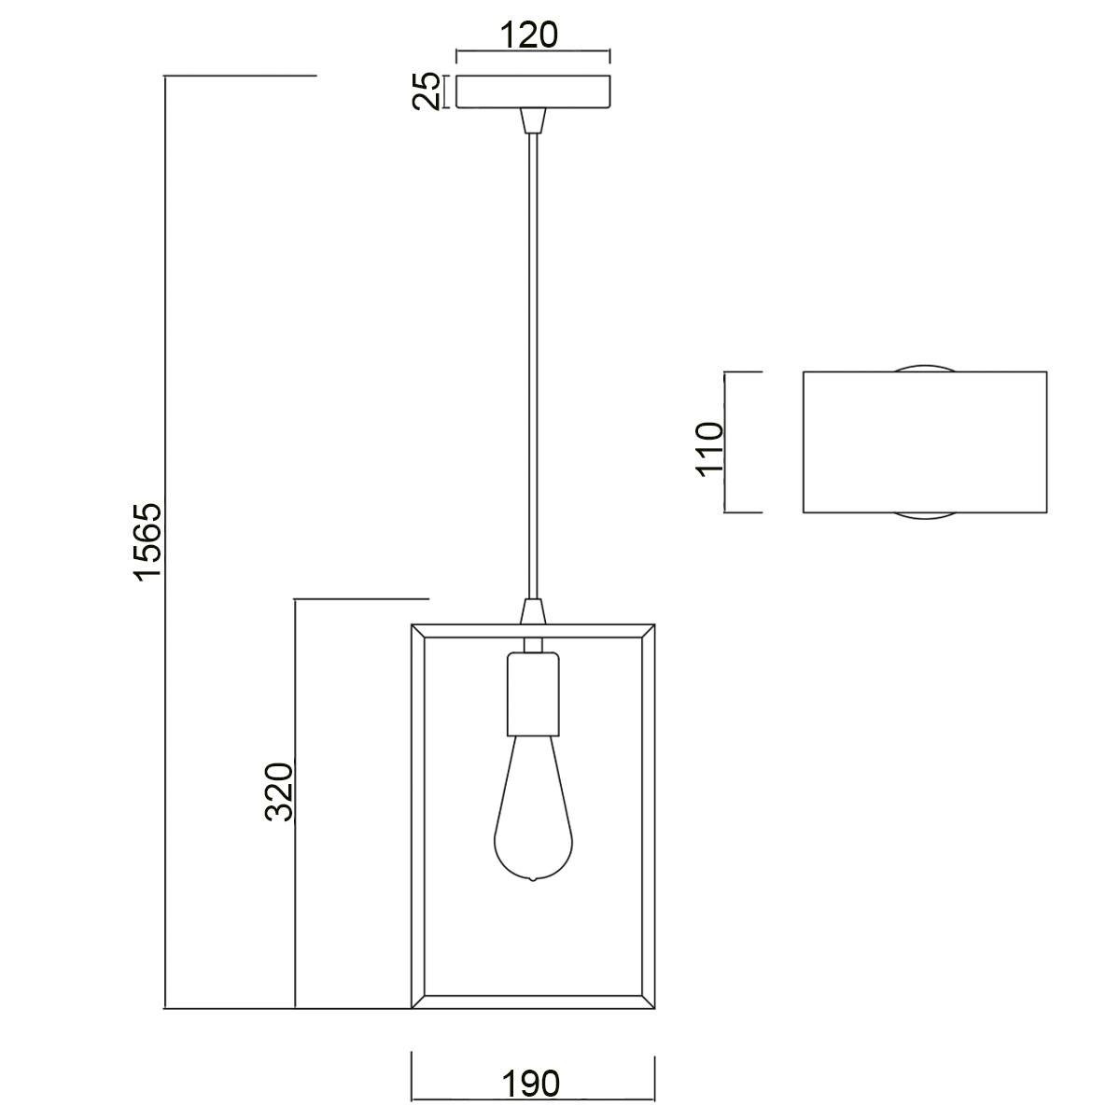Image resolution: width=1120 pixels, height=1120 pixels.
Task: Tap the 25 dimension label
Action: pyautogui.click(x=426, y=91)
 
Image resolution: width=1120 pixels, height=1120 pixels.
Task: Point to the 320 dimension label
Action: pyautogui.click(x=279, y=791)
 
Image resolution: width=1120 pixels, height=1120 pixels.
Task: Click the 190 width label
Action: pyautogui.click(x=531, y=1084)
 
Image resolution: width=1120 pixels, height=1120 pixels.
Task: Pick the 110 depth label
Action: pyautogui.click(x=709, y=450)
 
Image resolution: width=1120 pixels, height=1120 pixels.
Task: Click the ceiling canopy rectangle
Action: pyautogui.click(x=532, y=91)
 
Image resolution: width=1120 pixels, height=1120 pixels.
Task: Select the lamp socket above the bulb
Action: pyautogui.click(x=533, y=694)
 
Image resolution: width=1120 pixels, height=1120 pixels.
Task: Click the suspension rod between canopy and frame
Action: pyautogui.click(x=533, y=366)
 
